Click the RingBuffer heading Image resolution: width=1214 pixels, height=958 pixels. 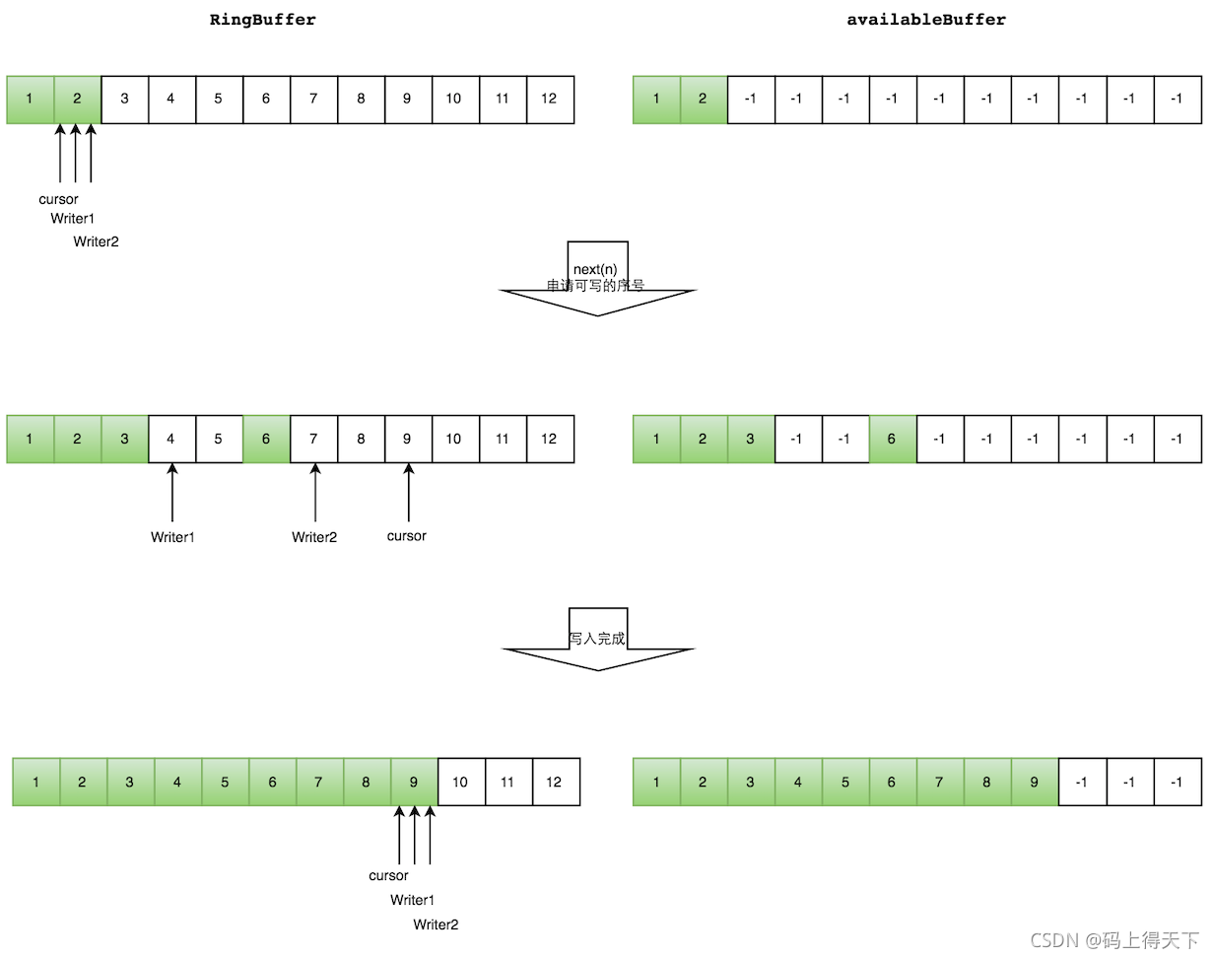263,20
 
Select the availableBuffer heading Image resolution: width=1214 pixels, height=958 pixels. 926,20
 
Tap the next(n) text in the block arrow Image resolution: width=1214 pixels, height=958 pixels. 594,269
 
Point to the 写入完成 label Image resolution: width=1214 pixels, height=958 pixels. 597,639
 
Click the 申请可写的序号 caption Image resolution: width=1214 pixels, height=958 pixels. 595,286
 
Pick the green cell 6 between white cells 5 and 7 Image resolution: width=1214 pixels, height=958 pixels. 266,439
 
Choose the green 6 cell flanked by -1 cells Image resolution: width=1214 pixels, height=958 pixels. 892,439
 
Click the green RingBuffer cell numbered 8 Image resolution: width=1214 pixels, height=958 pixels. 367,782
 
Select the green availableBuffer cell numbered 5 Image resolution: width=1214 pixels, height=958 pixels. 845,782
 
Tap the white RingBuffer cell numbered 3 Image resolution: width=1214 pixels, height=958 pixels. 124,99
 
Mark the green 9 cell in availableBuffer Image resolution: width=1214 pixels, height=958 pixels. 1034,782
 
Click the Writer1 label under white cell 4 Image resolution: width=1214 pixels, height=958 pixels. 172,537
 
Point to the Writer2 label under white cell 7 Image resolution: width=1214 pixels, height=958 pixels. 314,537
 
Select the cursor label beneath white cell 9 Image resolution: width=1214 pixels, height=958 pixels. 407,536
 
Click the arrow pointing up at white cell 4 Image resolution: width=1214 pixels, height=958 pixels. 172,493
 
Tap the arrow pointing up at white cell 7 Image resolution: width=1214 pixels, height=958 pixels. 315,493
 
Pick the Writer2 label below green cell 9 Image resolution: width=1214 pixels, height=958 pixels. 436,924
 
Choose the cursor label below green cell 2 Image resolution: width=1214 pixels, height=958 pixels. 58,199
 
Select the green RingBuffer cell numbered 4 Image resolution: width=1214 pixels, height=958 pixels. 177,782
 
